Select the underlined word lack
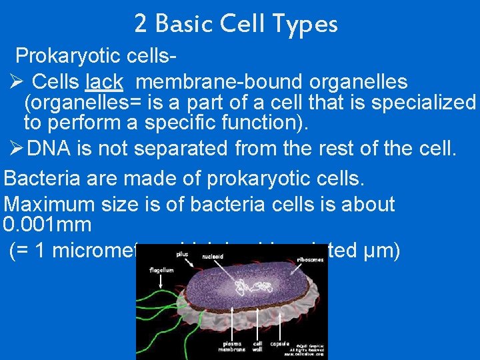coord(104,82)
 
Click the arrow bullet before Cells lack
coord(17,82)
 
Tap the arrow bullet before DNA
coord(17,148)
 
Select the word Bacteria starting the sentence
coord(41,179)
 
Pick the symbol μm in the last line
coord(385,251)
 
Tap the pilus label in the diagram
coord(181,254)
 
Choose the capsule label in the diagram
coord(279,344)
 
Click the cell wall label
coord(257,346)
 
